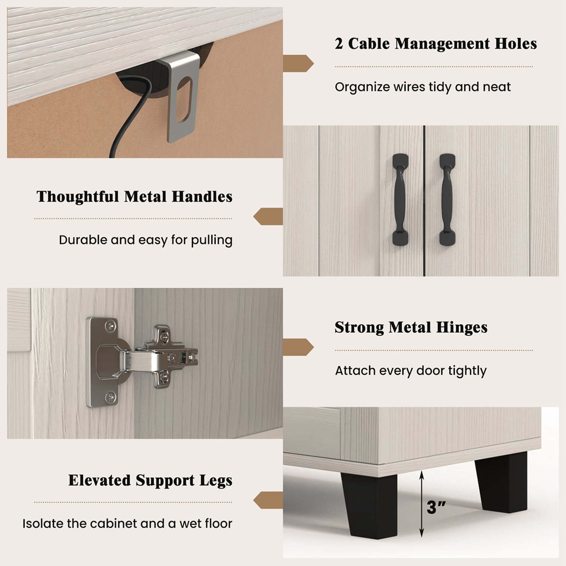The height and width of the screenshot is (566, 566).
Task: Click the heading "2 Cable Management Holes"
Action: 435,44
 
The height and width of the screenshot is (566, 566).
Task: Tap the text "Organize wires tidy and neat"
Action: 422,87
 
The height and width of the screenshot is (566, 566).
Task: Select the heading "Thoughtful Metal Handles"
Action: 134,197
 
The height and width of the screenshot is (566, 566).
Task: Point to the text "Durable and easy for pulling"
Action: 145,240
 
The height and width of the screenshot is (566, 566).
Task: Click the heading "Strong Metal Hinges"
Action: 411,328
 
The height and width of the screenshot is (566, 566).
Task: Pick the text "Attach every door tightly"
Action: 411,371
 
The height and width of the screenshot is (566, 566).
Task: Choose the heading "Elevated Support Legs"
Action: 150,481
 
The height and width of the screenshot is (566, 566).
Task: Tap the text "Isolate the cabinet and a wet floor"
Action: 127,524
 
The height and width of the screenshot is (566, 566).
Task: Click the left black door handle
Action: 400,200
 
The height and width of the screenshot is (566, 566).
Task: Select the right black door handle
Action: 447,200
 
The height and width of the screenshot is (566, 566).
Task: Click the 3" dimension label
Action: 436,508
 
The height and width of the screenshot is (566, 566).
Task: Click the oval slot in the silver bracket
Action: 184,99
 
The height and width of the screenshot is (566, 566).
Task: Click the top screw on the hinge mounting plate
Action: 110,326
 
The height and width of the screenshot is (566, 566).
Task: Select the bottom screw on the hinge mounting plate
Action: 110,397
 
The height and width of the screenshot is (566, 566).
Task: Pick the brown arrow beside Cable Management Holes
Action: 298,63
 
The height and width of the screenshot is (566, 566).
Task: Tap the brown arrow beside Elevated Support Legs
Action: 268,500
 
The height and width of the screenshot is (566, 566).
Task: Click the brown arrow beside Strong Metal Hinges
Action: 298,347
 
